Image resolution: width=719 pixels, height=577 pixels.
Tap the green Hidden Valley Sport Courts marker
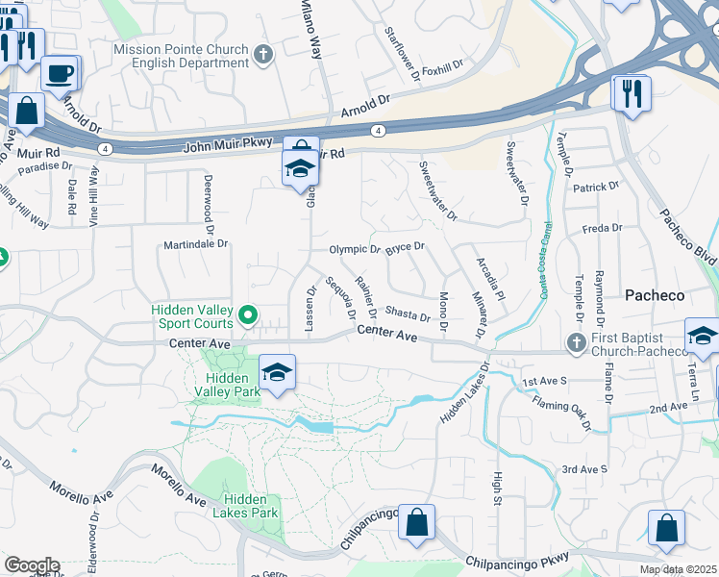(248, 314)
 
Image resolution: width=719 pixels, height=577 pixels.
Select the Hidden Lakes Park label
(251, 506)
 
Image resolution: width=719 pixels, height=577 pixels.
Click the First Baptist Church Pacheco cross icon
(575, 342)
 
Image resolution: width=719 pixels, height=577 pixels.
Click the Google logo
(31, 565)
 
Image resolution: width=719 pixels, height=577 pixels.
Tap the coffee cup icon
(61, 72)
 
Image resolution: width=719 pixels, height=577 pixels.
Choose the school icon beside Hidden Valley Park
(277, 372)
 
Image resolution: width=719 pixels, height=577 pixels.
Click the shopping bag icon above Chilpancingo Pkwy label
(417, 523)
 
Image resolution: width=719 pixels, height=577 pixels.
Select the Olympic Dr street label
(355, 249)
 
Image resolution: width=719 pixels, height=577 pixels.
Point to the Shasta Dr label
(407, 314)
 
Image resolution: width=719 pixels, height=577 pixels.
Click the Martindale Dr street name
(195, 244)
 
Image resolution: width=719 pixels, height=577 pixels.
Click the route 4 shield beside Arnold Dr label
(380, 130)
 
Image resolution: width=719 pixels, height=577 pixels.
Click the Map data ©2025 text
(678, 569)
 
